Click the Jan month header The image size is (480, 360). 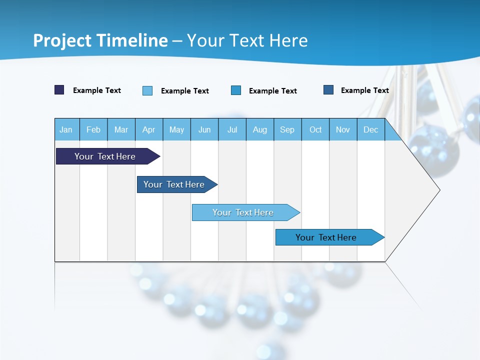(66, 129)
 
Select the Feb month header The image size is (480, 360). (93, 129)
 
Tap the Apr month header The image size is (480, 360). (148, 129)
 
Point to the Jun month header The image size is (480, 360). (204, 129)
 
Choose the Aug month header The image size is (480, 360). (260, 129)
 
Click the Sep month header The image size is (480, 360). (287, 129)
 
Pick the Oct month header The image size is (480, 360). (315, 129)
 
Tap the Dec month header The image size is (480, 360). (371, 129)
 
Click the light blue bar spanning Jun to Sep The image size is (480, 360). (243, 212)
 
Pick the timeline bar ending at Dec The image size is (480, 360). (326, 237)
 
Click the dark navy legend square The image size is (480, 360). (59, 90)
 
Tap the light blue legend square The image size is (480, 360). (147, 90)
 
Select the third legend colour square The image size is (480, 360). (236, 90)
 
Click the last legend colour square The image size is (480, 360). (328, 90)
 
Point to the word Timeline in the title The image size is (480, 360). (132, 40)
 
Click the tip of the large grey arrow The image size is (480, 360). (438, 189)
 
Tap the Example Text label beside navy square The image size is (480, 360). (97, 90)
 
